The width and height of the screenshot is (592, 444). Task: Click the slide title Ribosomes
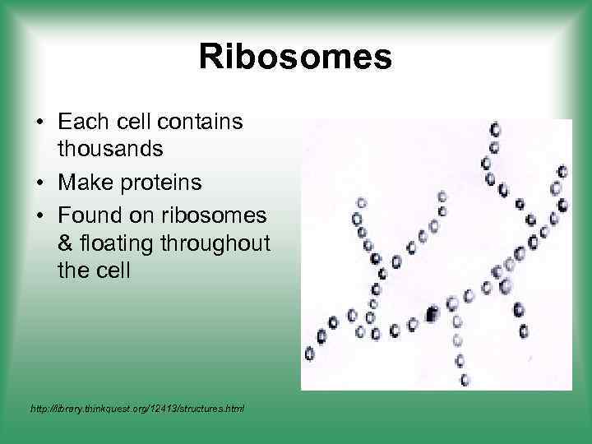pos(295,58)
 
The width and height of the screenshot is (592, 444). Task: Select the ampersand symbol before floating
pos(65,243)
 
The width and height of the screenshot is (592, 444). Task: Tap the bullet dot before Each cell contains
pos(39,123)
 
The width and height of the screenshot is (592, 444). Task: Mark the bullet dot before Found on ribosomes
pos(39,215)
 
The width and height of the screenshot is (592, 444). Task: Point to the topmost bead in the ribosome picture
pos(495,129)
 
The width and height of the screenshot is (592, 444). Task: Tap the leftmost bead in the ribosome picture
pos(310,354)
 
